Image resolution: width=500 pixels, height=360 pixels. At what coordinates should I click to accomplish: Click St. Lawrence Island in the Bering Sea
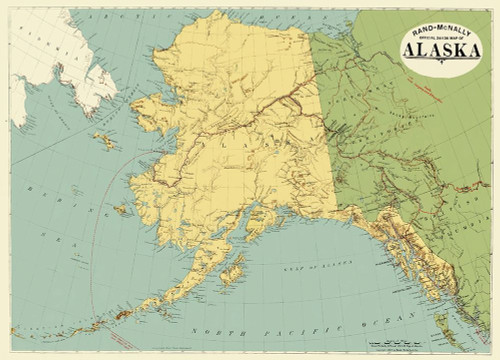(x=105, y=141)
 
